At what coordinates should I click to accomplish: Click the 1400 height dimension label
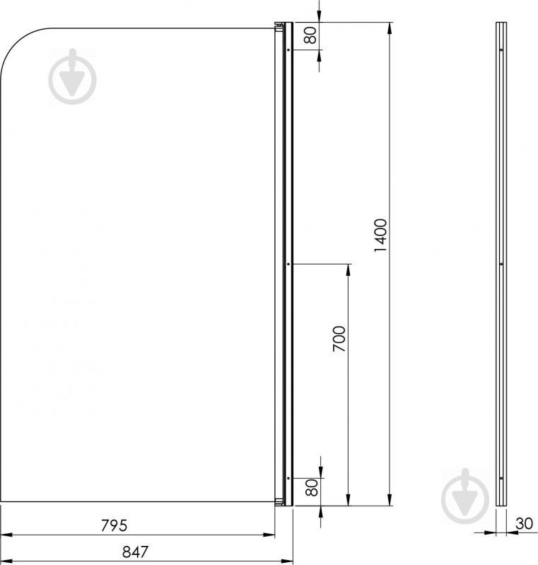[380, 235]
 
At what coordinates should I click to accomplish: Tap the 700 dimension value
[339, 339]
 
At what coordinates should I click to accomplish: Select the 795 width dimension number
[114, 525]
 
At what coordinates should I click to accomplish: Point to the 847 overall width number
[135, 552]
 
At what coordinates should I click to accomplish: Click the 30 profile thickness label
[524, 523]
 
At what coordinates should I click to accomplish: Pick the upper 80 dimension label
[310, 35]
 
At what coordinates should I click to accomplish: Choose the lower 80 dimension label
[312, 487]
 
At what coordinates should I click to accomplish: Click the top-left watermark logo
[72, 77]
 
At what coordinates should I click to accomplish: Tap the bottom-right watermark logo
[465, 496]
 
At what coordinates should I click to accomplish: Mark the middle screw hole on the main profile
[288, 264]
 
